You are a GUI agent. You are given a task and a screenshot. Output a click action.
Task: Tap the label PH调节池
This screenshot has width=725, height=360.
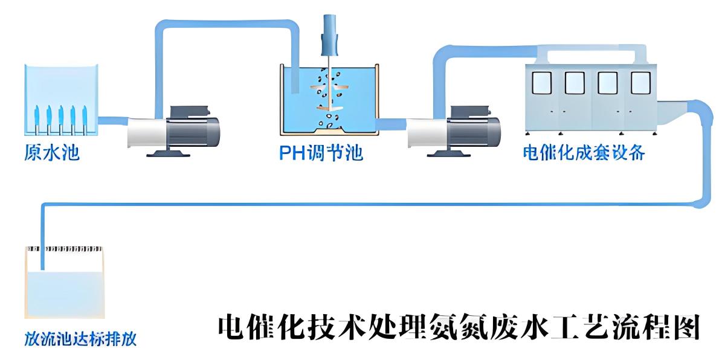321,153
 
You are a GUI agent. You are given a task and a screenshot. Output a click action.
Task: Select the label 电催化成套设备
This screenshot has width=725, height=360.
584,153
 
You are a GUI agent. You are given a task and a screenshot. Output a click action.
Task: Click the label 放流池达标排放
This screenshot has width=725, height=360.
80,339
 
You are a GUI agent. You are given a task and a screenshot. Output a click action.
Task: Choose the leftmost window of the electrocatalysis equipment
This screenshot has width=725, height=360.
541,83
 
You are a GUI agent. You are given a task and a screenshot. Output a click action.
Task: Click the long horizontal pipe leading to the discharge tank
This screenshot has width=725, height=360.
362,204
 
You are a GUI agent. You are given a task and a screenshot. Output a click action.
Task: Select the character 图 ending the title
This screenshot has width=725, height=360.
686,327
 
